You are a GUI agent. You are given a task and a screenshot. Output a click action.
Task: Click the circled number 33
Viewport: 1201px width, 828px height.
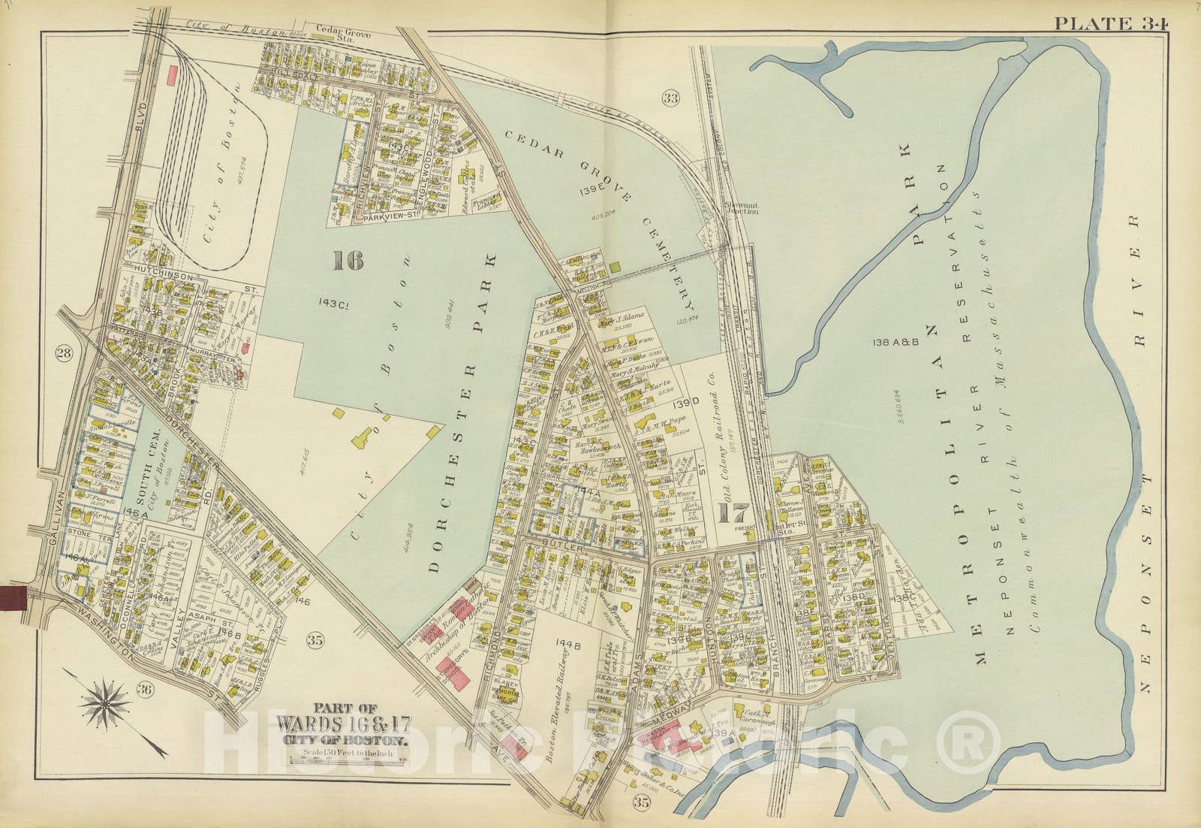tap(670, 97)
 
